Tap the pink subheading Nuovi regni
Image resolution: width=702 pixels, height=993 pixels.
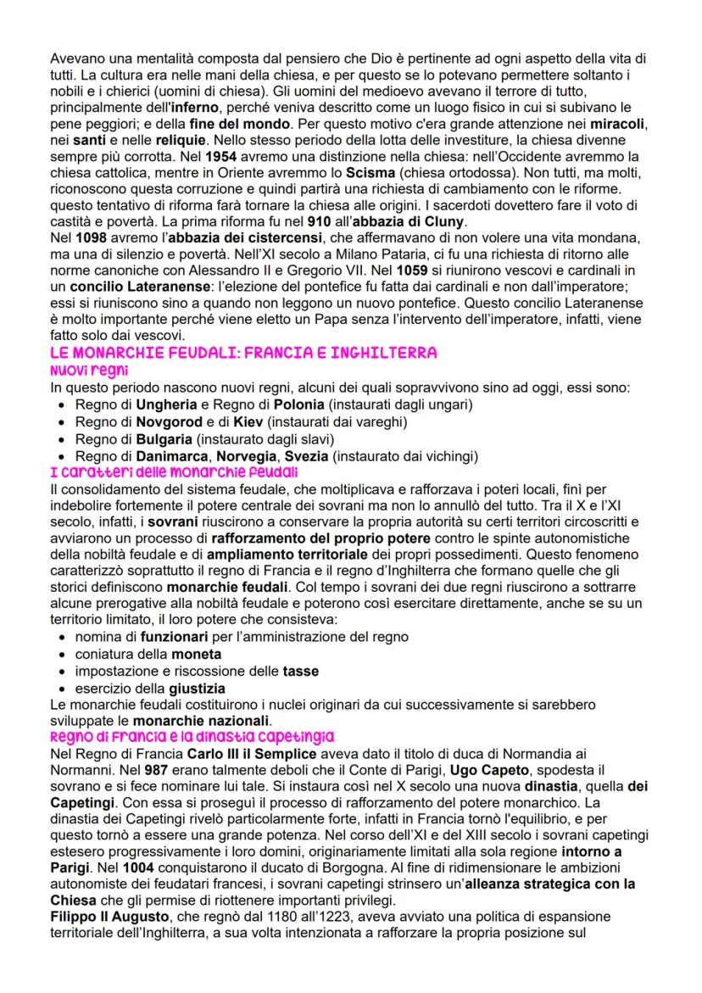tap(86, 369)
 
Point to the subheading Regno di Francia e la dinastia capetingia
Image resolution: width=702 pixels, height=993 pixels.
tap(192, 735)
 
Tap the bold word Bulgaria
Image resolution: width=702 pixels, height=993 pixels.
tap(164, 438)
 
